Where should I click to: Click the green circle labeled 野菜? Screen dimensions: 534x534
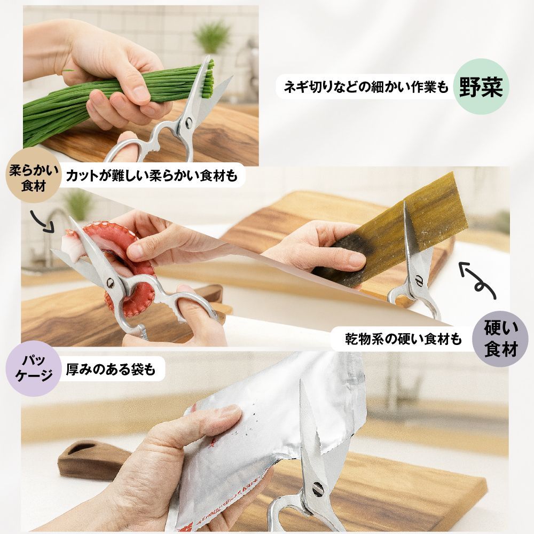(481, 87)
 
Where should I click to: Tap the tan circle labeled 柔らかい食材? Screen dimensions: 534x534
(33, 175)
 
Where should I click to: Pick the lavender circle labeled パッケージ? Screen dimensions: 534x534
(33, 368)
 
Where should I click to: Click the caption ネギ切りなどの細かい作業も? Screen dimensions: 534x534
(366, 87)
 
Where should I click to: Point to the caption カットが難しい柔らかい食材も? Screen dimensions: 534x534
(152, 175)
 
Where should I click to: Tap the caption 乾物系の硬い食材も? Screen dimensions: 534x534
(403, 339)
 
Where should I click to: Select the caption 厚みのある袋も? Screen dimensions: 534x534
(111, 369)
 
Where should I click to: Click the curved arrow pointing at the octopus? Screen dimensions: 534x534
(43, 222)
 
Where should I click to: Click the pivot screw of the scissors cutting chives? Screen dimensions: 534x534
(188, 123)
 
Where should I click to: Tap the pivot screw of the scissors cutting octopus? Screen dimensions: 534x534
(111, 282)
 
